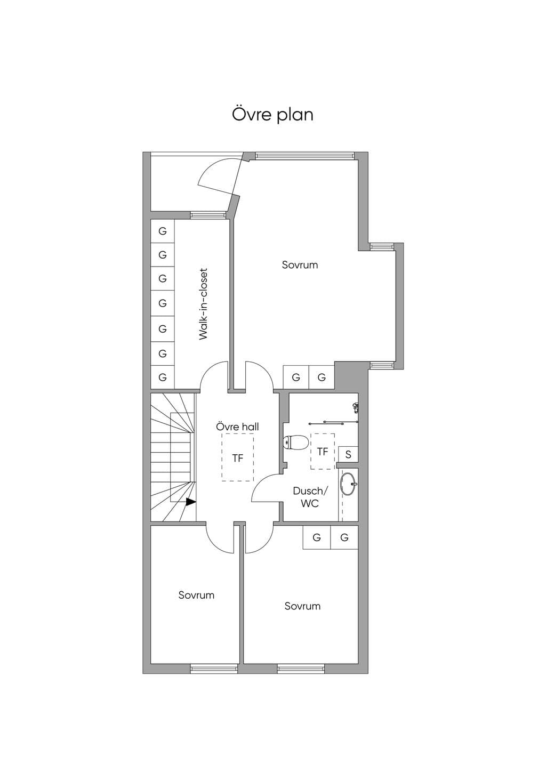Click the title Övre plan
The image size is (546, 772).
(x=272, y=115)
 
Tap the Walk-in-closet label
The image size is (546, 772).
(x=203, y=304)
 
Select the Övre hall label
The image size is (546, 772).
(x=237, y=427)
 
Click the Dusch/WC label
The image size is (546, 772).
(x=310, y=497)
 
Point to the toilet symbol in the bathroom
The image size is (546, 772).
(x=295, y=443)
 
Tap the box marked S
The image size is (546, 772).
(x=348, y=454)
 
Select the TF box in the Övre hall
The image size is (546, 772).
(x=238, y=457)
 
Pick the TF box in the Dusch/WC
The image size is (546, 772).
(x=323, y=451)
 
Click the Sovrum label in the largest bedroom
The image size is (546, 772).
(x=300, y=265)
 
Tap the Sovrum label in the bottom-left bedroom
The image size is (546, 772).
(x=196, y=595)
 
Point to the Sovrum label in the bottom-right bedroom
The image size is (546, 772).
(x=303, y=606)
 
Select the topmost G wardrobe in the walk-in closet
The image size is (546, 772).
(x=163, y=231)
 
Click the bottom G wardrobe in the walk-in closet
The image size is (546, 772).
(x=163, y=377)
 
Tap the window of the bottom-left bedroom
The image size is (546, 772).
(x=214, y=669)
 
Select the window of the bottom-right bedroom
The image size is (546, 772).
(x=301, y=669)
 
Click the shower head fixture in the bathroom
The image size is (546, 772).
(x=356, y=407)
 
